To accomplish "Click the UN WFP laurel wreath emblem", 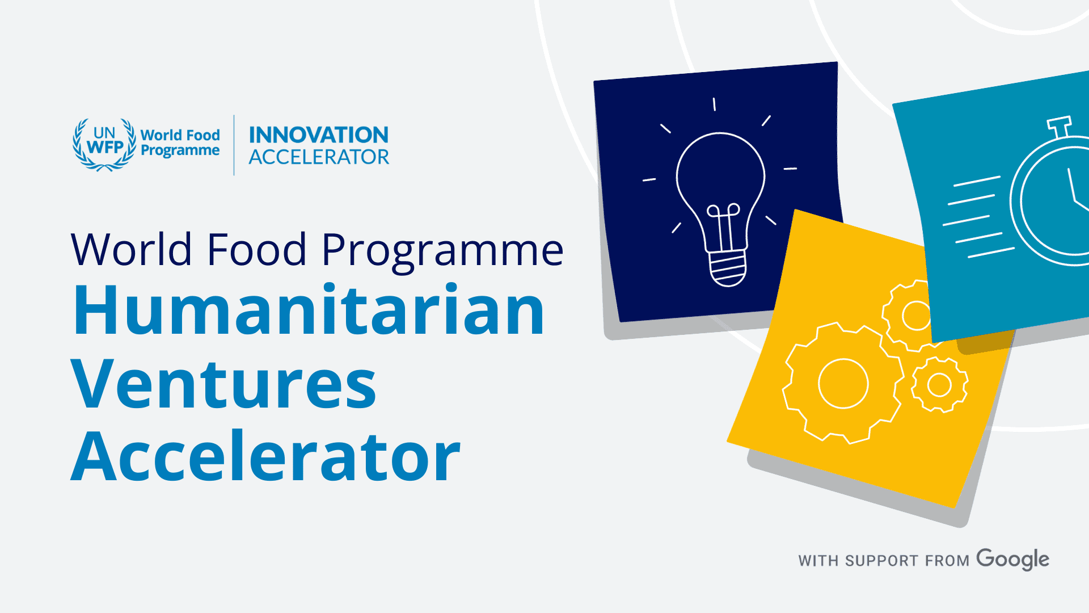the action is pos(104,145).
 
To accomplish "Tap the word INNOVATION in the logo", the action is pos(319,135).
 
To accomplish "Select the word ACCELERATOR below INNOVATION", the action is pos(319,157).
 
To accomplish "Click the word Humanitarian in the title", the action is pos(309,310).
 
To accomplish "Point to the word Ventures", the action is pos(223,384).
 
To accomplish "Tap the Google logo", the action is pos(1013,560).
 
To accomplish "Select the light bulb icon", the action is pos(720,193).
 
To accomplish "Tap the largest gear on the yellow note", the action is pos(843,384).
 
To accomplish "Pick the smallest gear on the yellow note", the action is pos(939,385).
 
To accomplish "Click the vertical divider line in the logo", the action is pos(234,145).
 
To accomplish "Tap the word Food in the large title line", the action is pos(257,249).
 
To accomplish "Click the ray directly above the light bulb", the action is pos(714,104).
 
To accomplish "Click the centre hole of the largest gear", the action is pos(843,384).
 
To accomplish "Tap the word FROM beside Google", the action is pos(947,561).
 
